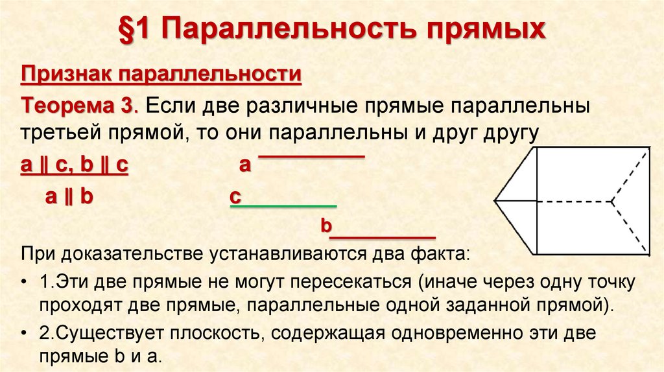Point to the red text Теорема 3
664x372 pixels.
click(78, 106)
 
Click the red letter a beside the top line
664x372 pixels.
click(244, 165)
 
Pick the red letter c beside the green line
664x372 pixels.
click(235, 197)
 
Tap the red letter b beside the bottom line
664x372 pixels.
click(326, 227)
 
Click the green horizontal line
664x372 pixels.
click(286, 206)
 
